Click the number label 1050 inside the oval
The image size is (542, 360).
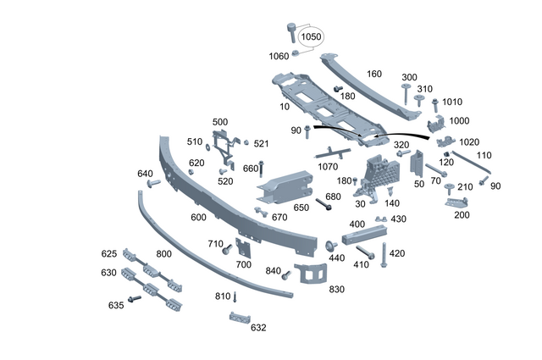tap(312, 37)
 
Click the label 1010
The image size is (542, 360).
tap(453, 102)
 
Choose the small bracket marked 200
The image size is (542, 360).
tap(461, 202)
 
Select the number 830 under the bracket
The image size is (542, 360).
tap(337, 289)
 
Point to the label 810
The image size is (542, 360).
tap(223, 296)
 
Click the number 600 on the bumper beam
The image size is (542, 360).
tap(198, 218)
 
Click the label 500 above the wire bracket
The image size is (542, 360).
tap(220, 122)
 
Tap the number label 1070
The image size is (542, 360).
tap(328, 167)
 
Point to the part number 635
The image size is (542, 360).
tap(115, 305)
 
